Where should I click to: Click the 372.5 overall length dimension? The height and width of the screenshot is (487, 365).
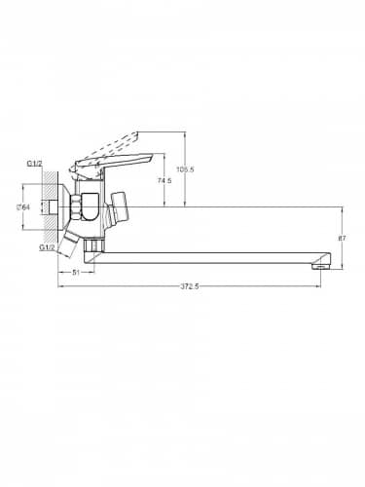tap(189, 286)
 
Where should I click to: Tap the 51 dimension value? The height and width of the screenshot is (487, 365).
tap(76, 273)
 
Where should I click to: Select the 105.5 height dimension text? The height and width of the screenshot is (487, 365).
tap(185, 169)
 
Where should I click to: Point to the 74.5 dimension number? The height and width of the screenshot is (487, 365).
tap(164, 180)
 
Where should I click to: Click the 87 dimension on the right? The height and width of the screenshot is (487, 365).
tap(343, 238)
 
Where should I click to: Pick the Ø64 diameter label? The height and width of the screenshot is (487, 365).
tap(23, 206)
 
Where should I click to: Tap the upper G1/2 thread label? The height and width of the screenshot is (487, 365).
tap(34, 164)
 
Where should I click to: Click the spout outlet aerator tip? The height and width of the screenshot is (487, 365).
tap(321, 267)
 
